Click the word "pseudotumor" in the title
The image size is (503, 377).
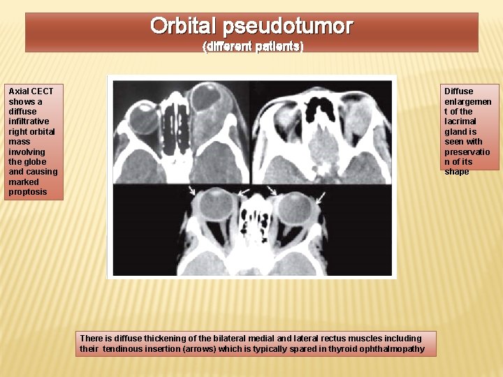288,27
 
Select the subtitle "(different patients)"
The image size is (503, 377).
252,47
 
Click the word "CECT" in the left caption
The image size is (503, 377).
42,91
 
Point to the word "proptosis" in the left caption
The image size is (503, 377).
28,192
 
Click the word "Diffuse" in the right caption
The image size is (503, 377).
458,91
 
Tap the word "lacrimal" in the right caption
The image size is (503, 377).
460,121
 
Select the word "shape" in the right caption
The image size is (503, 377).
457,172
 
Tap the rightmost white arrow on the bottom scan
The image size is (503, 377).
320,200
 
